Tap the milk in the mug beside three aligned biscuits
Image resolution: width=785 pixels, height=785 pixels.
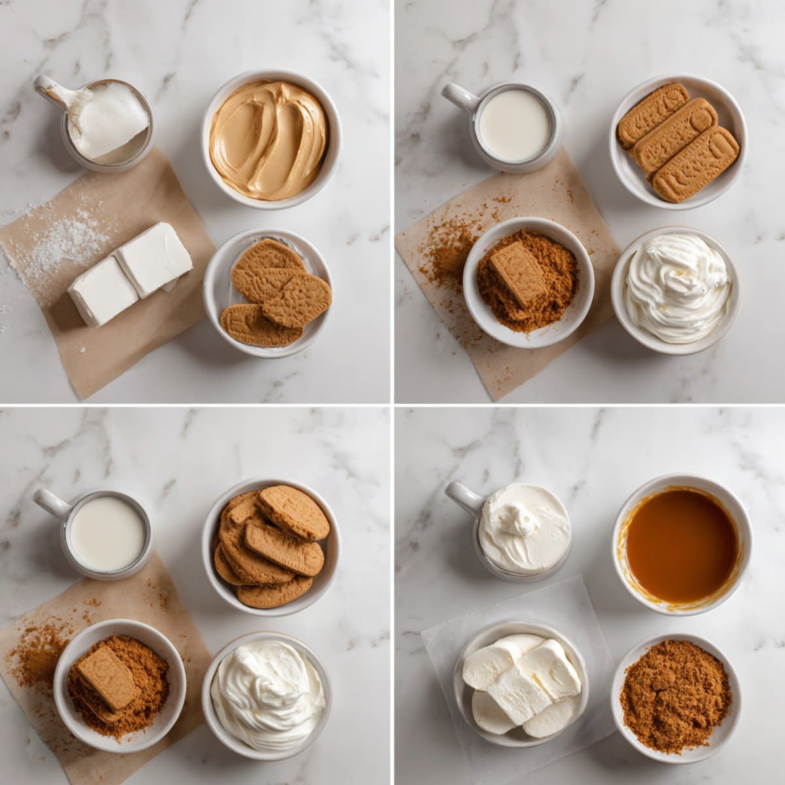[514, 124]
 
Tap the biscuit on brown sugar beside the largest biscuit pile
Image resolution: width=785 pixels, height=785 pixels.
[105, 677]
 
